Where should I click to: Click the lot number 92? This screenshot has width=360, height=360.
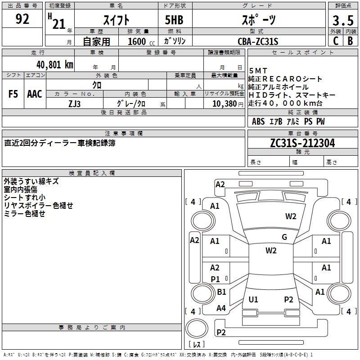22,19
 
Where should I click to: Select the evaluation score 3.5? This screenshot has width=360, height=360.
342,20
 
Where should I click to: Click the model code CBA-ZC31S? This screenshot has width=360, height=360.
258,41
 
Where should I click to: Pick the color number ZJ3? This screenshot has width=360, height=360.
75,103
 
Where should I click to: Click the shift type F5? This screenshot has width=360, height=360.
13,94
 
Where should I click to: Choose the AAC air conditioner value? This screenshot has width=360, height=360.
34,94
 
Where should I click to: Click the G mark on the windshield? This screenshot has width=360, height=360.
284,237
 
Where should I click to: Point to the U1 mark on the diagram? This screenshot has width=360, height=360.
253,299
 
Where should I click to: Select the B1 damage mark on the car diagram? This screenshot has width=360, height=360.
221,292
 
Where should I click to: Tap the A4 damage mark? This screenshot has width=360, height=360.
221,308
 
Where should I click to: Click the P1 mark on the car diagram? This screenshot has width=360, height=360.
215,279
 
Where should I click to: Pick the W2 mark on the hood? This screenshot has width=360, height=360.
291,216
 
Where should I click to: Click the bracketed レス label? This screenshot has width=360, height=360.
197,345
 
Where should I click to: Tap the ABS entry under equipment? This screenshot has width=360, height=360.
258,121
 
